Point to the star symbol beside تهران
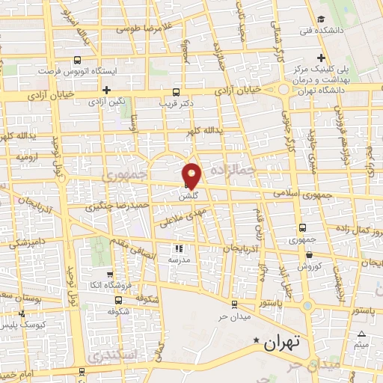[x=257, y=341]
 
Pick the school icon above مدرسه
[x=179, y=248]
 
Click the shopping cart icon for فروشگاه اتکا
[x=111, y=274]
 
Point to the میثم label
[x=362, y=344]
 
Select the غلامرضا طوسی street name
[x=147, y=28]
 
